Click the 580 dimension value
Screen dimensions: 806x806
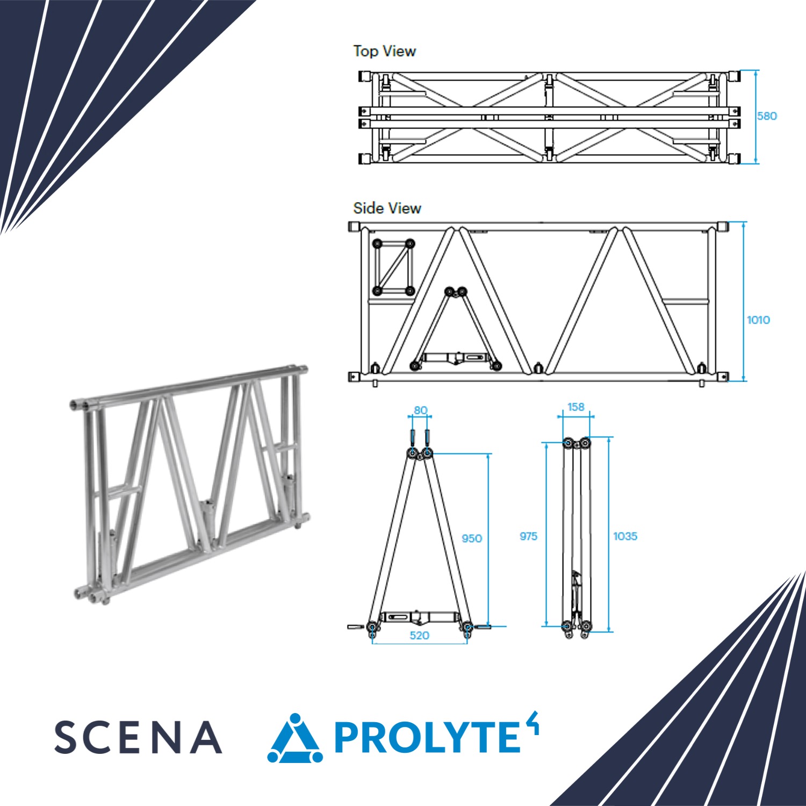pyautogui.click(x=767, y=116)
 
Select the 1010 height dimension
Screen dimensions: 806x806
pyautogui.click(x=758, y=320)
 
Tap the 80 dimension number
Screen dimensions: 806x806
pyautogui.click(x=420, y=411)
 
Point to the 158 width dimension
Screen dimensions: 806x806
pyautogui.click(x=575, y=407)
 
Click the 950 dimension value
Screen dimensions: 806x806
pyautogui.click(x=472, y=538)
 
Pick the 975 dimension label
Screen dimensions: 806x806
pyautogui.click(x=528, y=536)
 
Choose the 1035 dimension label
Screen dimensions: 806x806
pyautogui.click(x=625, y=536)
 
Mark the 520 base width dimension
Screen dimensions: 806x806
pyautogui.click(x=419, y=636)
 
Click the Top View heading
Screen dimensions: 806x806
pyautogui.click(x=385, y=51)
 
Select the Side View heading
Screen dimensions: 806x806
pyautogui.click(x=387, y=208)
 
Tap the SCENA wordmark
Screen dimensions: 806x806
pyautogui.click(x=138, y=737)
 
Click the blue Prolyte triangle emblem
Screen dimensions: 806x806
pyautogui.click(x=295, y=738)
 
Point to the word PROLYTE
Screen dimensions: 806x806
pyautogui.click(x=428, y=737)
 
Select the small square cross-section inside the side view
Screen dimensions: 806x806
pyautogui.click(x=393, y=267)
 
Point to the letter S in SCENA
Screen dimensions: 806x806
pyautogui.click(x=66, y=737)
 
